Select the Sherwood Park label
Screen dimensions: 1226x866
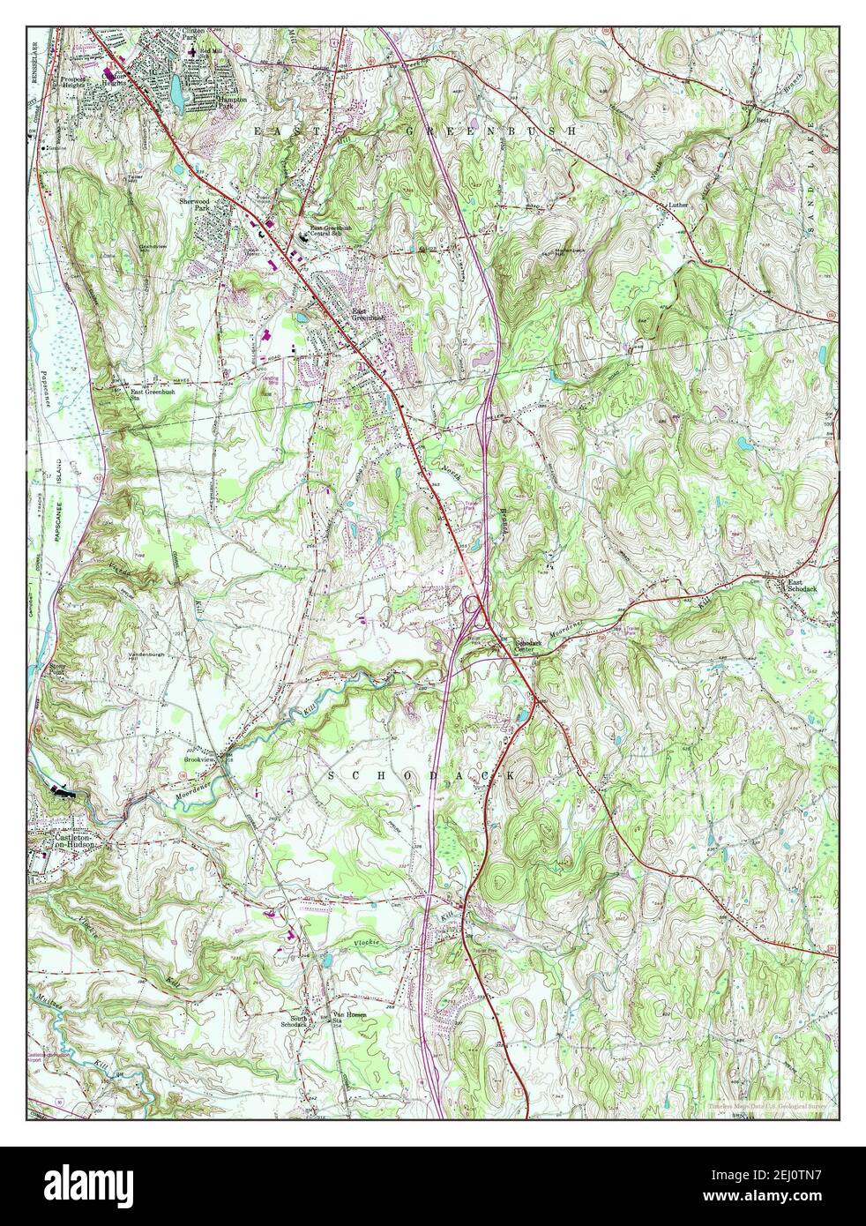(x=205, y=205)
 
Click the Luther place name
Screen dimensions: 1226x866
(x=676, y=205)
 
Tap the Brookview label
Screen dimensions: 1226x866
(x=199, y=759)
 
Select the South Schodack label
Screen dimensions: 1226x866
(x=294, y=1021)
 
